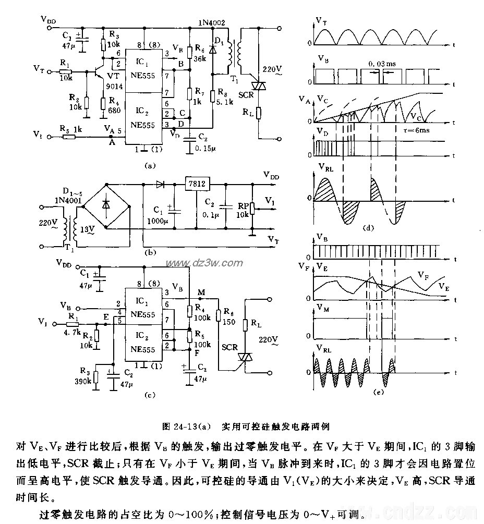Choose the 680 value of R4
tap(114, 110)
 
